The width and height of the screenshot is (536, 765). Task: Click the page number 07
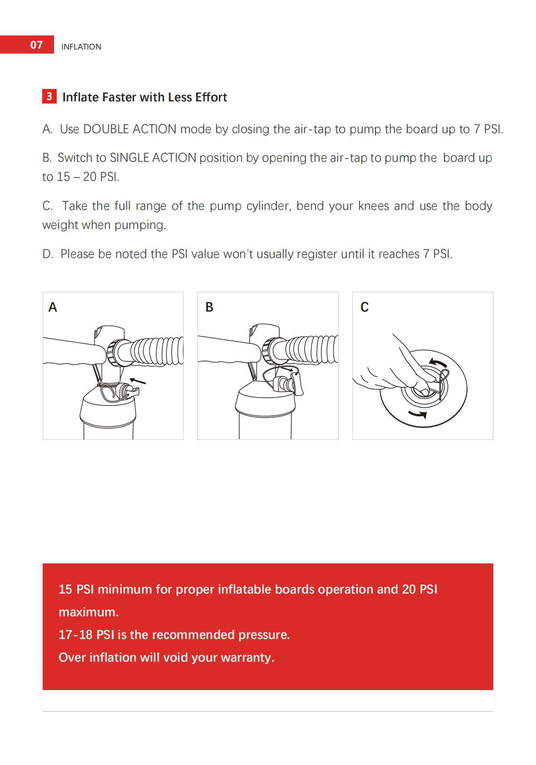[x=36, y=44]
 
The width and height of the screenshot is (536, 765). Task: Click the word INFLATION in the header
[x=81, y=47]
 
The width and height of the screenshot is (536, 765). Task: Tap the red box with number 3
[x=49, y=97]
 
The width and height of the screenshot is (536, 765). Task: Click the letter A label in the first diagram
[x=53, y=307]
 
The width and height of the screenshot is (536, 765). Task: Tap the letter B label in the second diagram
[x=209, y=307]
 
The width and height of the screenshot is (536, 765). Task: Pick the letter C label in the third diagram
[x=364, y=307]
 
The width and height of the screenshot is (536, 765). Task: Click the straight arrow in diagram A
[x=138, y=381]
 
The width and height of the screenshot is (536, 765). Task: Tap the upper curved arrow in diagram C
[x=438, y=362]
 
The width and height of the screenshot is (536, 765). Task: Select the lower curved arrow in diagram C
[x=417, y=413]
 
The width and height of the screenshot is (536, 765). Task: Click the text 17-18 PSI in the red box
[x=86, y=635]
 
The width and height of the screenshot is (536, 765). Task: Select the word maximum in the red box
[x=88, y=612]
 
